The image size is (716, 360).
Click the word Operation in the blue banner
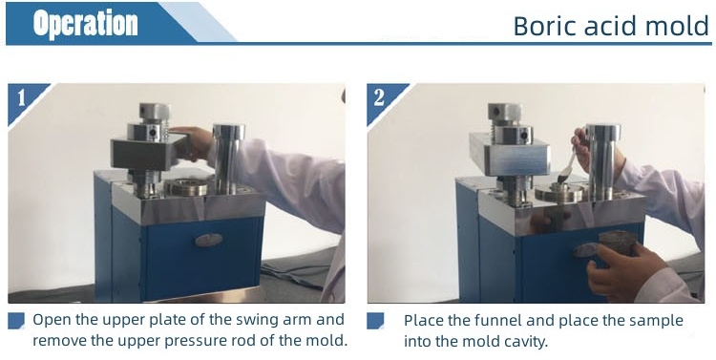85,24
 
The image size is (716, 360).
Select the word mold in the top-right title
679,26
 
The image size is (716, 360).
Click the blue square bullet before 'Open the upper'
16,321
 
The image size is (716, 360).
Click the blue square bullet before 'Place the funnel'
376,321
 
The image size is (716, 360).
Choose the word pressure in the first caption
203,340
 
